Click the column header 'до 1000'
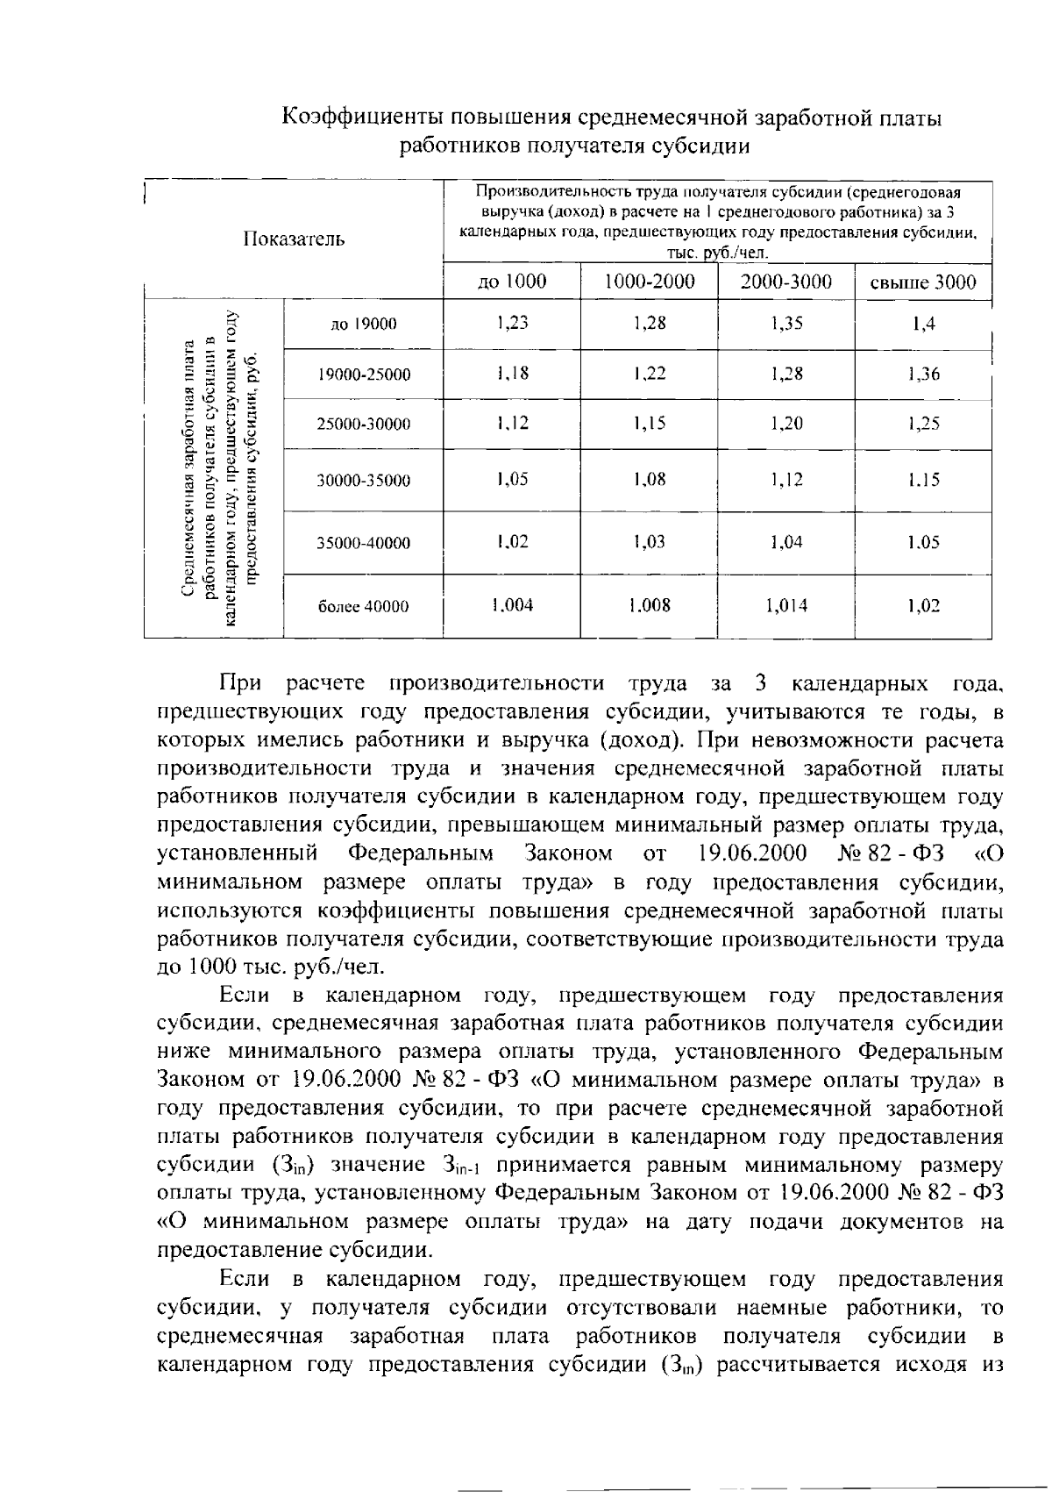point(511,282)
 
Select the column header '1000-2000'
point(650,282)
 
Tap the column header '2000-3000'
point(785,282)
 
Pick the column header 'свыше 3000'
point(922,282)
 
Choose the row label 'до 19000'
point(364,325)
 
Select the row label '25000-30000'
point(364,425)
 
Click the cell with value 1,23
point(511,323)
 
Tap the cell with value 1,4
point(923,325)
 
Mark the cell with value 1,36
point(923,375)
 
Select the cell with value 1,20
point(786,424)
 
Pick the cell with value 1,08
point(650,479)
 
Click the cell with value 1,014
point(786,605)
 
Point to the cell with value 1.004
point(511,604)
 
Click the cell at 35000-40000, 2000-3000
point(786,542)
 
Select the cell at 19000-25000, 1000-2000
point(650,374)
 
